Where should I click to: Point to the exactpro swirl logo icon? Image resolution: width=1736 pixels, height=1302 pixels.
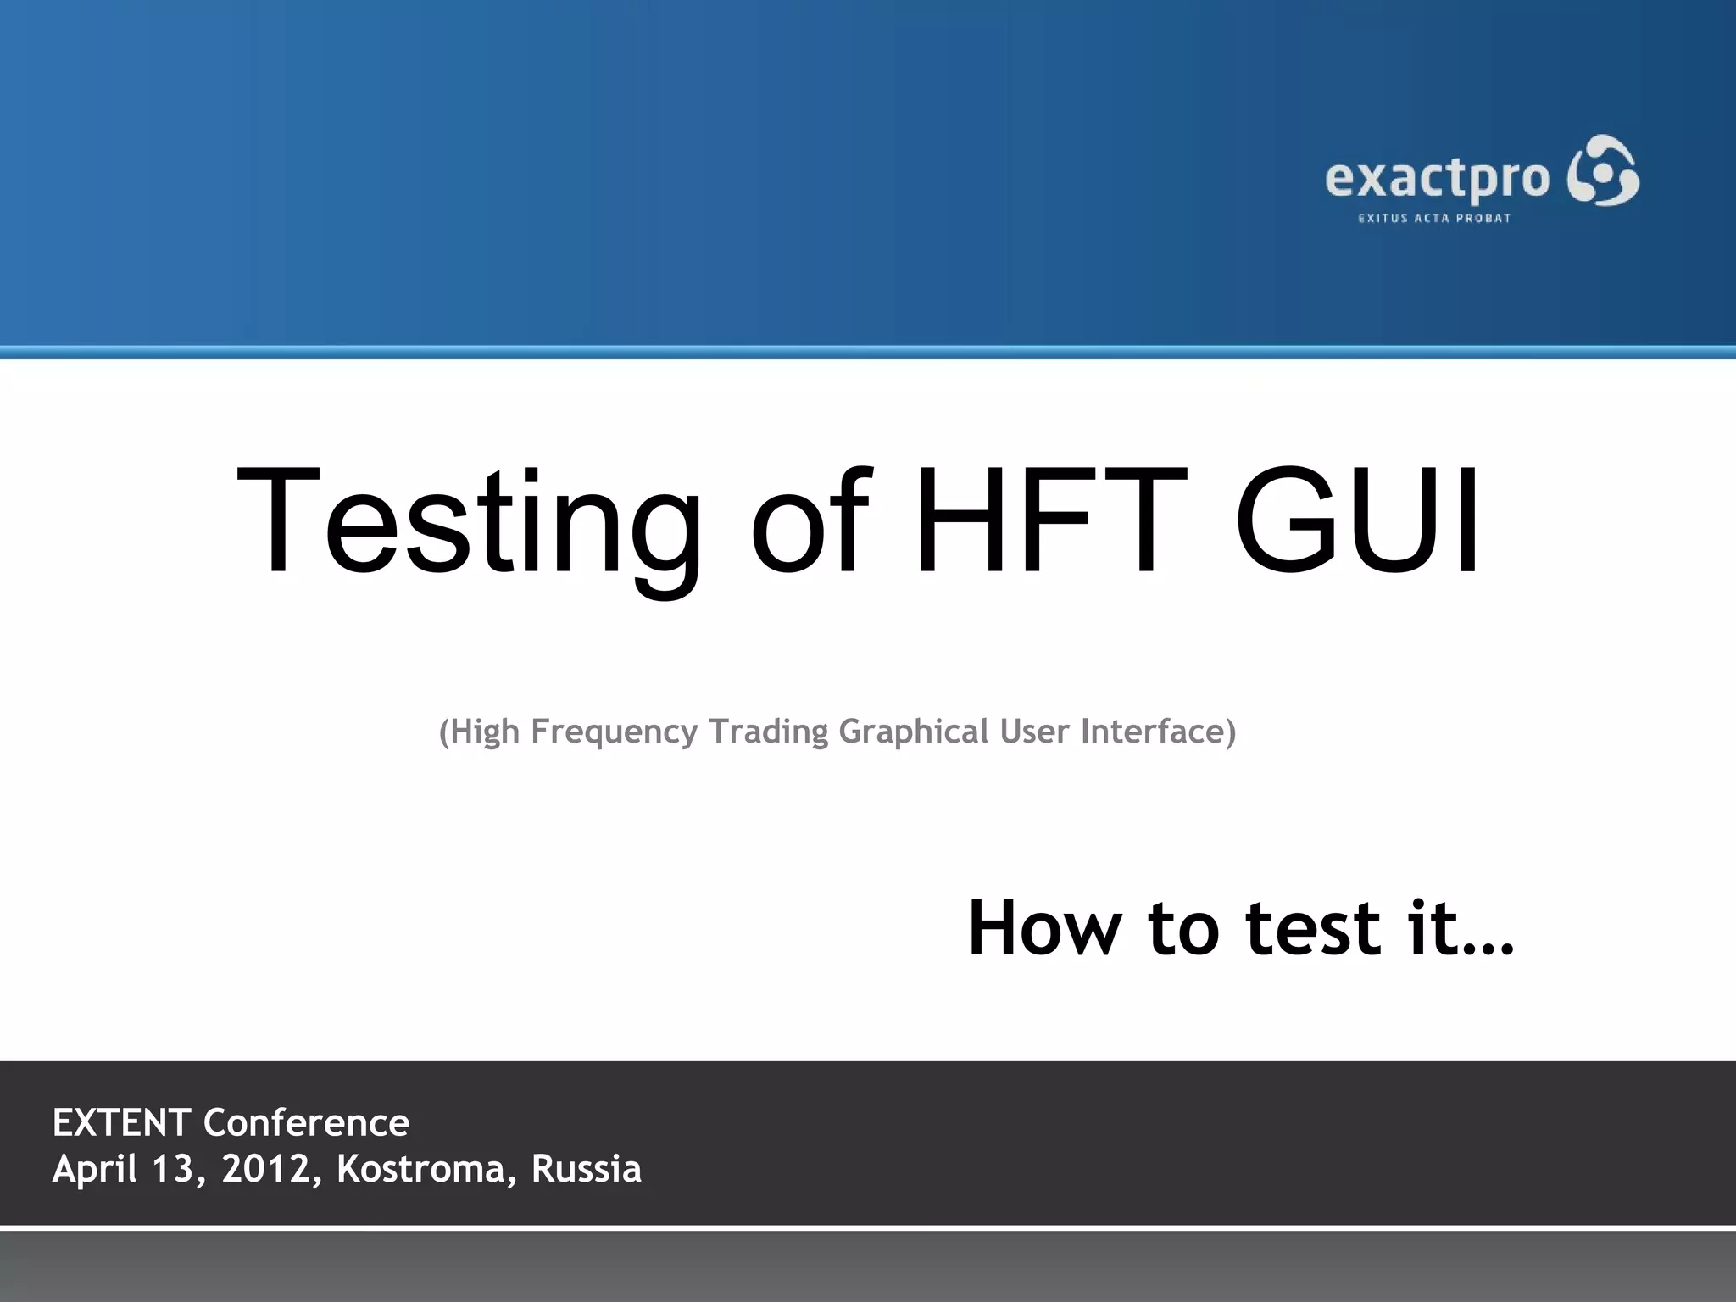click(x=1603, y=170)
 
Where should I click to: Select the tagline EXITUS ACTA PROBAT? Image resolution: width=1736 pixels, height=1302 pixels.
click(x=1434, y=219)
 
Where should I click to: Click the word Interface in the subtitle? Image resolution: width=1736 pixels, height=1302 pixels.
click(x=1158, y=731)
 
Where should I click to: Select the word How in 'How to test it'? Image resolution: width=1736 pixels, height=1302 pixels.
click(x=1043, y=928)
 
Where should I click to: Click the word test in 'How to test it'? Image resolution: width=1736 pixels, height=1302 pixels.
click(x=1313, y=928)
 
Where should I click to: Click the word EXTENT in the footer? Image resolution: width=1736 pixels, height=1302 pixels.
click(x=121, y=1123)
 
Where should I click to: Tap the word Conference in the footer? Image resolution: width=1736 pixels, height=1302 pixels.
click(x=306, y=1123)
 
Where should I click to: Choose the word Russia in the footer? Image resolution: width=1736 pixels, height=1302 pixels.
click(x=586, y=1169)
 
